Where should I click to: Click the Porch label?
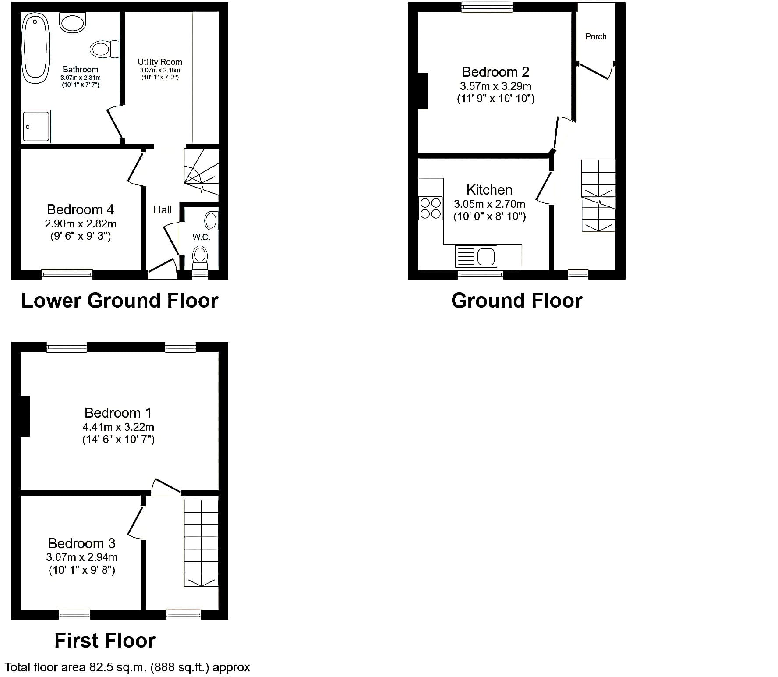[x=596, y=37]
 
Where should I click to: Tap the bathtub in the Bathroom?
[x=35, y=48]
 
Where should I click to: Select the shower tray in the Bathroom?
[x=36, y=126]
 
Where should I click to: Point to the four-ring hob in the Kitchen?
[x=430, y=209]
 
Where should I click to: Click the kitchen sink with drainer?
[x=476, y=256]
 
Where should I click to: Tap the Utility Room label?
[x=160, y=62]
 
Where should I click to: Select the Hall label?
[x=163, y=210]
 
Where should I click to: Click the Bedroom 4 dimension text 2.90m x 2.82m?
[x=81, y=224]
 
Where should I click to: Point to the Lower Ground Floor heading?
[x=120, y=301]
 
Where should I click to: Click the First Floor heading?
[x=105, y=641]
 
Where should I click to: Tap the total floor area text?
[x=127, y=667]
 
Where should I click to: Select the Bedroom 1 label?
[x=118, y=413]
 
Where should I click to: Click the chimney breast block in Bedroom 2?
[x=423, y=90]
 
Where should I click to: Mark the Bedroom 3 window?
[x=74, y=615]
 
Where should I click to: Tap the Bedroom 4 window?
[x=67, y=275]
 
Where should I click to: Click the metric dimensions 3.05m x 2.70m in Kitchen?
[x=489, y=204]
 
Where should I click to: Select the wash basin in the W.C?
[x=211, y=220]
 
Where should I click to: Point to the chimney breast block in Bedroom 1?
[x=25, y=416]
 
